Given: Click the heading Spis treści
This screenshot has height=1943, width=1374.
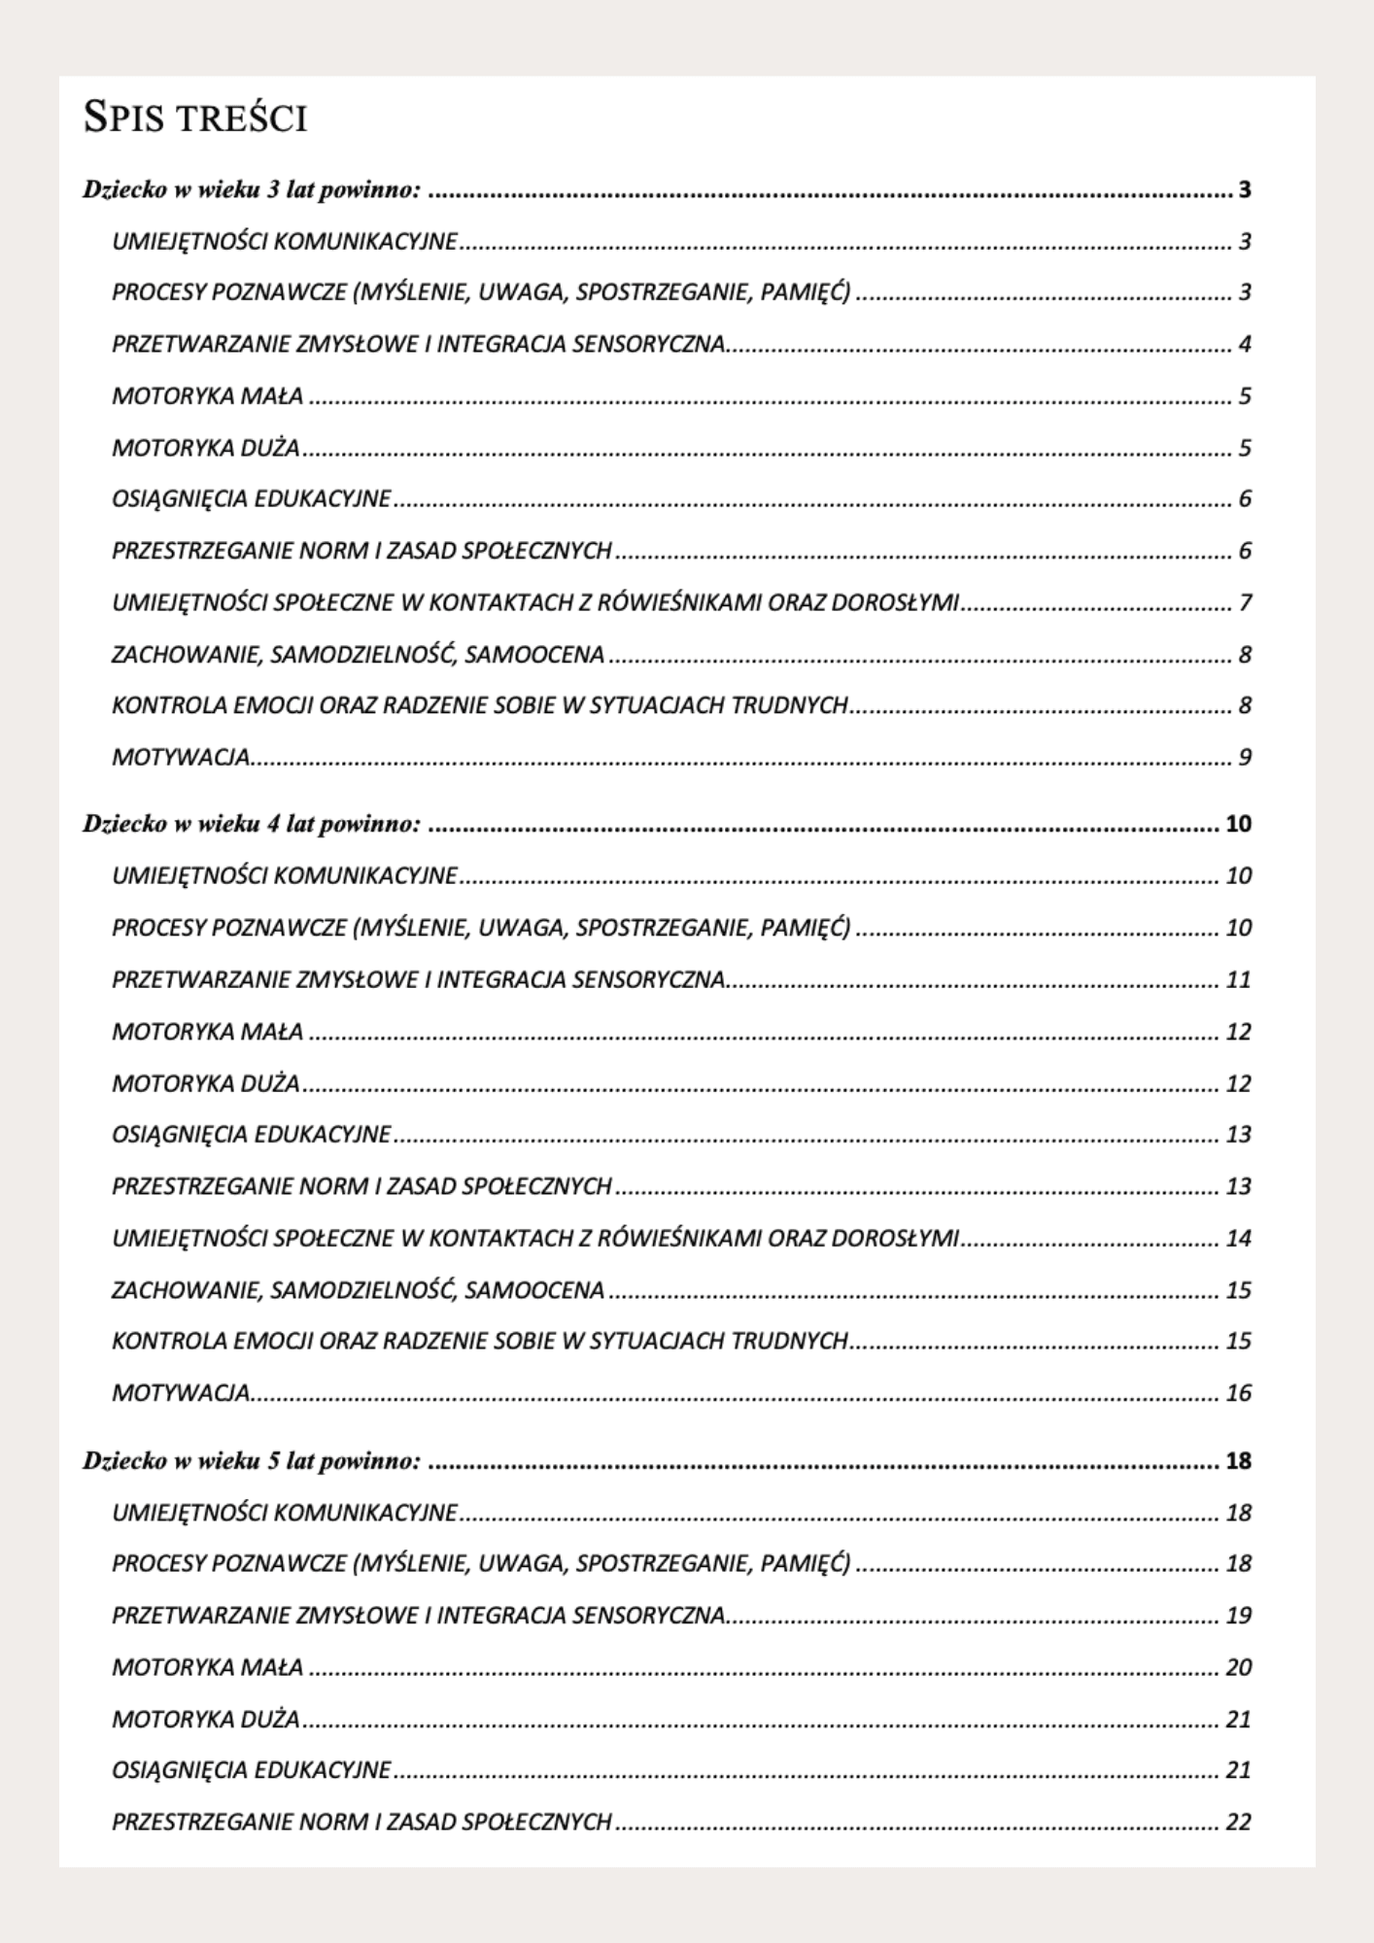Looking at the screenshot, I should [x=195, y=118].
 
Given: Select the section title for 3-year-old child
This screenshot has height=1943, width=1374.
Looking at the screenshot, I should [x=252, y=189].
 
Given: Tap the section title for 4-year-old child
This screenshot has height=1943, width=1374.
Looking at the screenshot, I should [x=252, y=824].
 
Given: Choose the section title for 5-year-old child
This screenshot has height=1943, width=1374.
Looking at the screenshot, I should [x=252, y=1460].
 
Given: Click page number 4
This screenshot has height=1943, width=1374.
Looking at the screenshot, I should [x=1244, y=344].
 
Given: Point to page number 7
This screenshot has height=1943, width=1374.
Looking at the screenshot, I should [x=1244, y=603].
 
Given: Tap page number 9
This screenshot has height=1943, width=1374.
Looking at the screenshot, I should [x=1244, y=757].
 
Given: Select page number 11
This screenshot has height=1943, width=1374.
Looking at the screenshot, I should [x=1238, y=979].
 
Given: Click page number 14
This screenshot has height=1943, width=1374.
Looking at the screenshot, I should [x=1238, y=1239].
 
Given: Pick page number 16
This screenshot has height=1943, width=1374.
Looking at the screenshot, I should [x=1238, y=1393].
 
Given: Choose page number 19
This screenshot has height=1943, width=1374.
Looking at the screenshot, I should [x=1238, y=1616].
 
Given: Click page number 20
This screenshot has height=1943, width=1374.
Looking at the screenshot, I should [x=1238, y=1667].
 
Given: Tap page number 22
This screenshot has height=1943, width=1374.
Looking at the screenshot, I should [x=1238, y=1822].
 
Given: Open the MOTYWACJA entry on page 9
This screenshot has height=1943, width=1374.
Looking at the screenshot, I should [x=182, y=757].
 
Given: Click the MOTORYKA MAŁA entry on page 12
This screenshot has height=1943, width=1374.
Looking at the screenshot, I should [x=207, y=1031].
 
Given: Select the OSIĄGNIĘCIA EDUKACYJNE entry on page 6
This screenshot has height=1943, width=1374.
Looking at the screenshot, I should [x=252, y=499].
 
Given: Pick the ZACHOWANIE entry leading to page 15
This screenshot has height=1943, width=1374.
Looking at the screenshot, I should [x=358, y=1290].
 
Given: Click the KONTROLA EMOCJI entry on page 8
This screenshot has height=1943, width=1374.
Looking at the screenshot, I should [x=480, y=705].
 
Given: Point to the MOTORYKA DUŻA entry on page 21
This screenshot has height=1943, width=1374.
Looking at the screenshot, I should [x=206, y=1719].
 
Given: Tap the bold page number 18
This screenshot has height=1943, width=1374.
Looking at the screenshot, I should [x=1238, y=1460].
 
